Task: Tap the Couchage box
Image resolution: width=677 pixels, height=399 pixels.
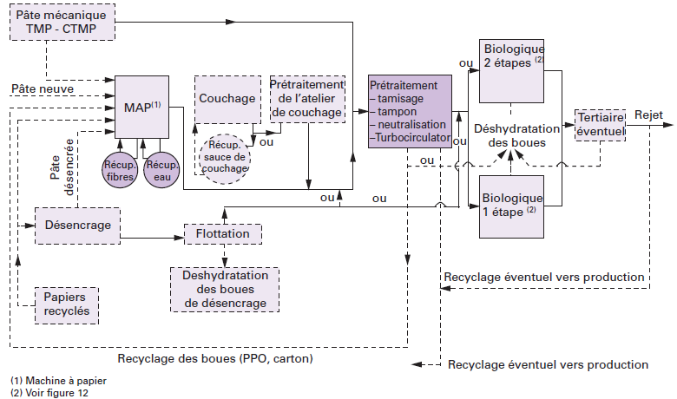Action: (227, 97)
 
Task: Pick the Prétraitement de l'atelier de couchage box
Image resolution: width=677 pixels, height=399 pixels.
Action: (307, 100)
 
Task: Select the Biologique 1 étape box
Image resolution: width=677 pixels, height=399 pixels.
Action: (511, 204)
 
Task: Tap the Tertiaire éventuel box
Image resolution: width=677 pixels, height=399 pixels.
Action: (601, 125)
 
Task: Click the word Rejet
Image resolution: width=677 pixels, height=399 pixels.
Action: (648, 114)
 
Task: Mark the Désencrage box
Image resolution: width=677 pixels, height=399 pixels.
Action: (77, 225)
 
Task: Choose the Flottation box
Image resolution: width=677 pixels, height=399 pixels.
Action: (223, 234)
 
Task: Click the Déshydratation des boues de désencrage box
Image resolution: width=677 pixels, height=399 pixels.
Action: (225, 289)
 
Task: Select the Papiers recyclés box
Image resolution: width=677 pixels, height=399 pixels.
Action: (66, 303)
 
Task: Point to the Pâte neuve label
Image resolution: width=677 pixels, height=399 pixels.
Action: (43, 89)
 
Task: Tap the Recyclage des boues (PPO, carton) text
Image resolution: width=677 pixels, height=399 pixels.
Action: (215, 358)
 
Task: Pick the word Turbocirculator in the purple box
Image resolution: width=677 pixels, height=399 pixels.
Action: (411, 139)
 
